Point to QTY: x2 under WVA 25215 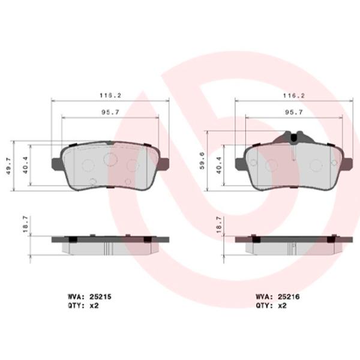point(83,305)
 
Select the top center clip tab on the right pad point(294,138)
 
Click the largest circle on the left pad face point(110,158)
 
